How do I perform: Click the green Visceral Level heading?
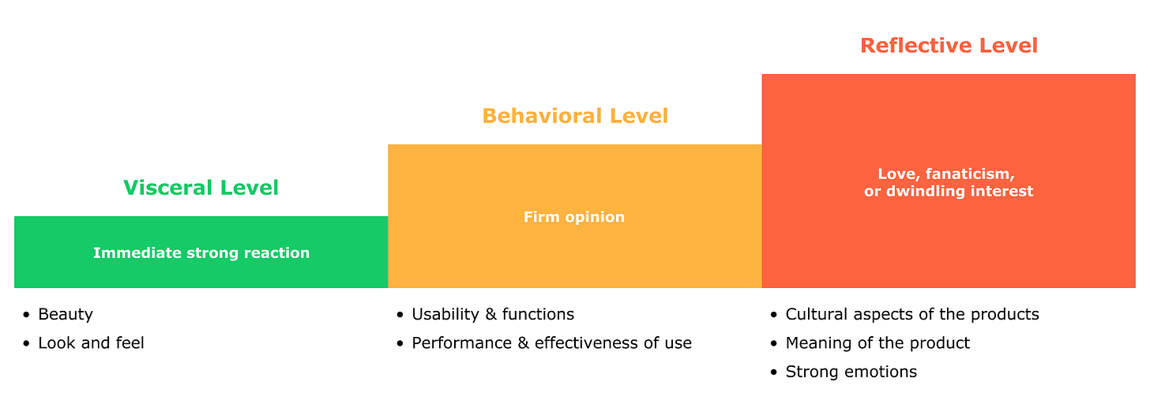coord(201,188)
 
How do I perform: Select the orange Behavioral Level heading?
coord(575,116)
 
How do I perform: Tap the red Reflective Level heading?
coord(949,46)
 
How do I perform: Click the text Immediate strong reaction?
coord(201,253)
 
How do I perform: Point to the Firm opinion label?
coord(574,217)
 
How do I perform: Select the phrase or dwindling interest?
coord(949,192)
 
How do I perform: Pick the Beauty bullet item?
coord(66,314)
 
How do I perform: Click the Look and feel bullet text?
coord(91,342)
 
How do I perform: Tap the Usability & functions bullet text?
coord(493,314)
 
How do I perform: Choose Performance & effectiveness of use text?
coord(551,342)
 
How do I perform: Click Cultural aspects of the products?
coord(912,314)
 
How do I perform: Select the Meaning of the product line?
coord(878,342)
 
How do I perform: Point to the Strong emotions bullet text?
coord(851,372)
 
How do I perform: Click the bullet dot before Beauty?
coord(27,315)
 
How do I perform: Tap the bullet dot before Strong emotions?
coord(774,372)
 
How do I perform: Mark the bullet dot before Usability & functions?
coord(400,315)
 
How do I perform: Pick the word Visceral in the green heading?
coord(165,188)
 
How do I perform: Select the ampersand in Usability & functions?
coord(491,314)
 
